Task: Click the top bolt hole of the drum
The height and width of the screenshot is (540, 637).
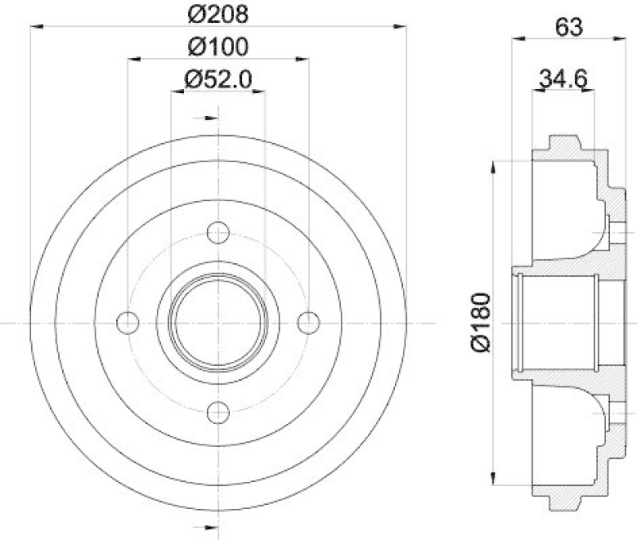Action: (217, 233)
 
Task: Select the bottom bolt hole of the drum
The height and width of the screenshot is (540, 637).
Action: (217, 413)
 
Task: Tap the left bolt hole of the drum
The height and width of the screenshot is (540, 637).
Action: (127, 323)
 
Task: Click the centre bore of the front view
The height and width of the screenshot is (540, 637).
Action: (217, 323)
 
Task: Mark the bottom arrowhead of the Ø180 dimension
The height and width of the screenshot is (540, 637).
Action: (495, 479)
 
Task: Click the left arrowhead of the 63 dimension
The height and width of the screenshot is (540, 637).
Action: (518, 37)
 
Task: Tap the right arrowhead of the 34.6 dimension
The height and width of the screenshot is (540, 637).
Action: (590, 90)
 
